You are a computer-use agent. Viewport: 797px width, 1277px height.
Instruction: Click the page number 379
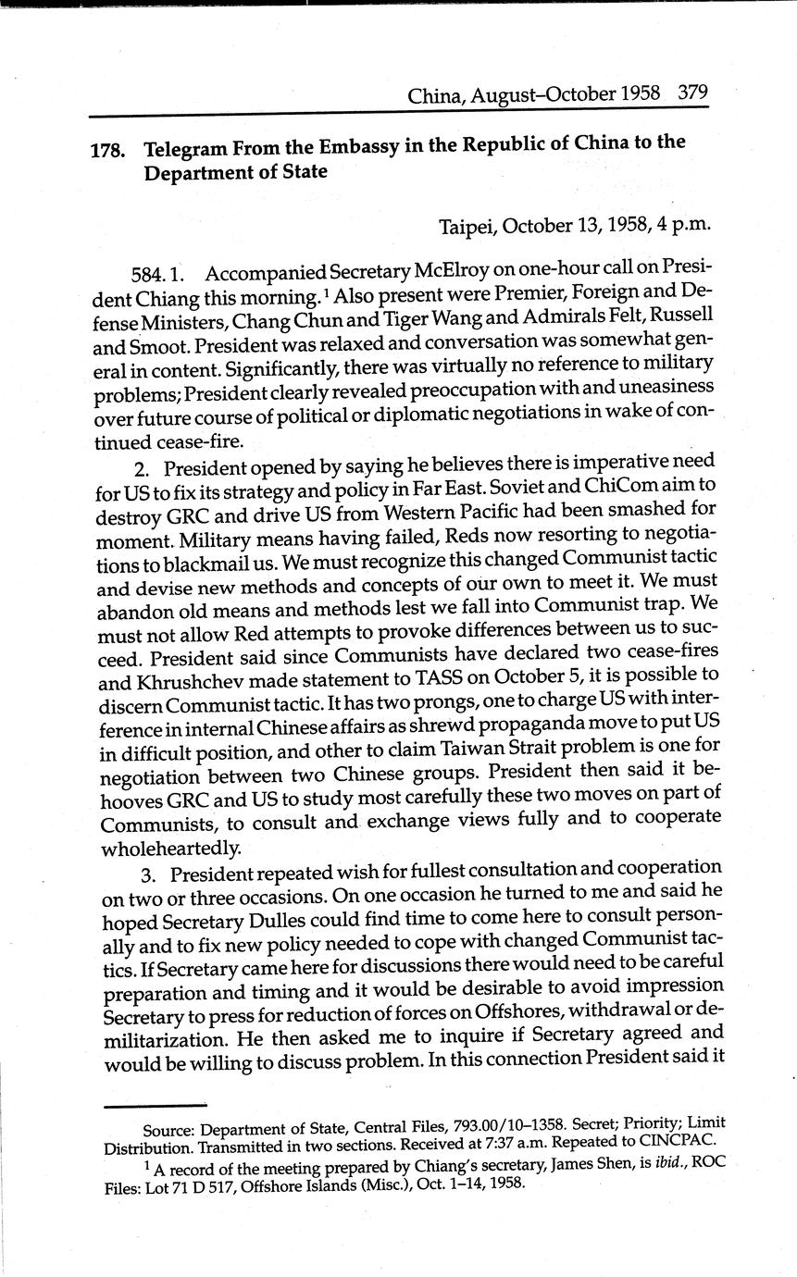tap(692, 93)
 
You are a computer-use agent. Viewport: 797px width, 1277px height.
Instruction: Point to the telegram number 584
tap(151, 274)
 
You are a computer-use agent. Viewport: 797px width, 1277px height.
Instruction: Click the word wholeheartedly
tap(171, 847)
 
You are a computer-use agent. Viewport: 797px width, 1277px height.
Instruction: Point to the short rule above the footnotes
tap(155, 1106)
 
